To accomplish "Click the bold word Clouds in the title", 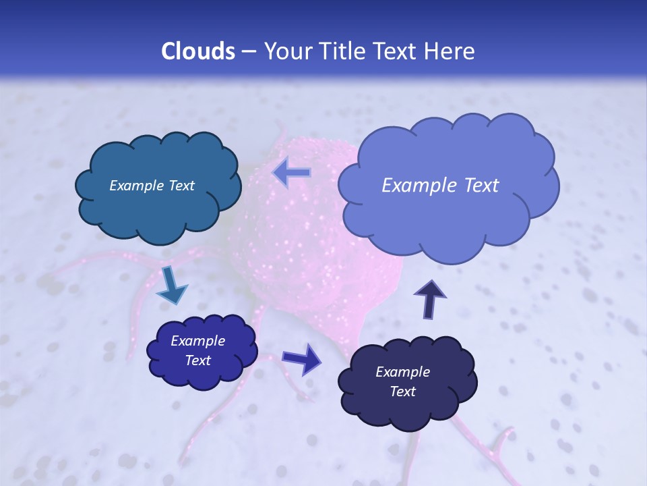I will (197, 51).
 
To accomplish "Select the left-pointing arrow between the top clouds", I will (291, 173).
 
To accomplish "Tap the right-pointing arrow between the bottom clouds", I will (301, 358).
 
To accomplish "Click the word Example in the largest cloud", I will (418, 186).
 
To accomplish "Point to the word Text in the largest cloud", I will (481, 186).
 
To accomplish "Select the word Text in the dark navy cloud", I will (402, 391).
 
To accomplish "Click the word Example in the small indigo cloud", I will (197, 341).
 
